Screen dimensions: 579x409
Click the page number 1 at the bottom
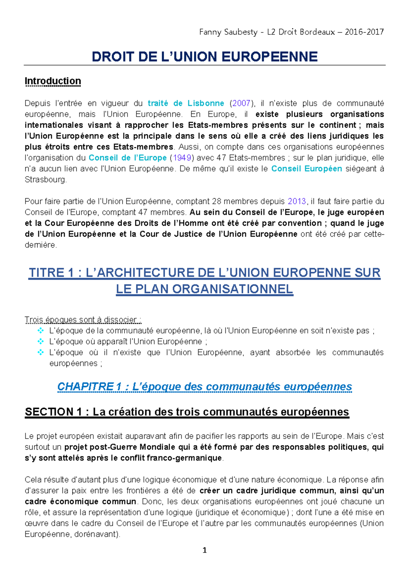204,550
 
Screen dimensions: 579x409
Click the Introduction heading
53,81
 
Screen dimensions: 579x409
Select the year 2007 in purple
241,103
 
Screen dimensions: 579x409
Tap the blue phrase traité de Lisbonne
186,103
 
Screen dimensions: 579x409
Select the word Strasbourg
45,180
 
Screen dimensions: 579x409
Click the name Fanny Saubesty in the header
228,32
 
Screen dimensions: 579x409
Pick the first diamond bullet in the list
41,330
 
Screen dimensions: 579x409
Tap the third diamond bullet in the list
41,352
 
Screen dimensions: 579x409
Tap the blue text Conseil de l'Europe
127,158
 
